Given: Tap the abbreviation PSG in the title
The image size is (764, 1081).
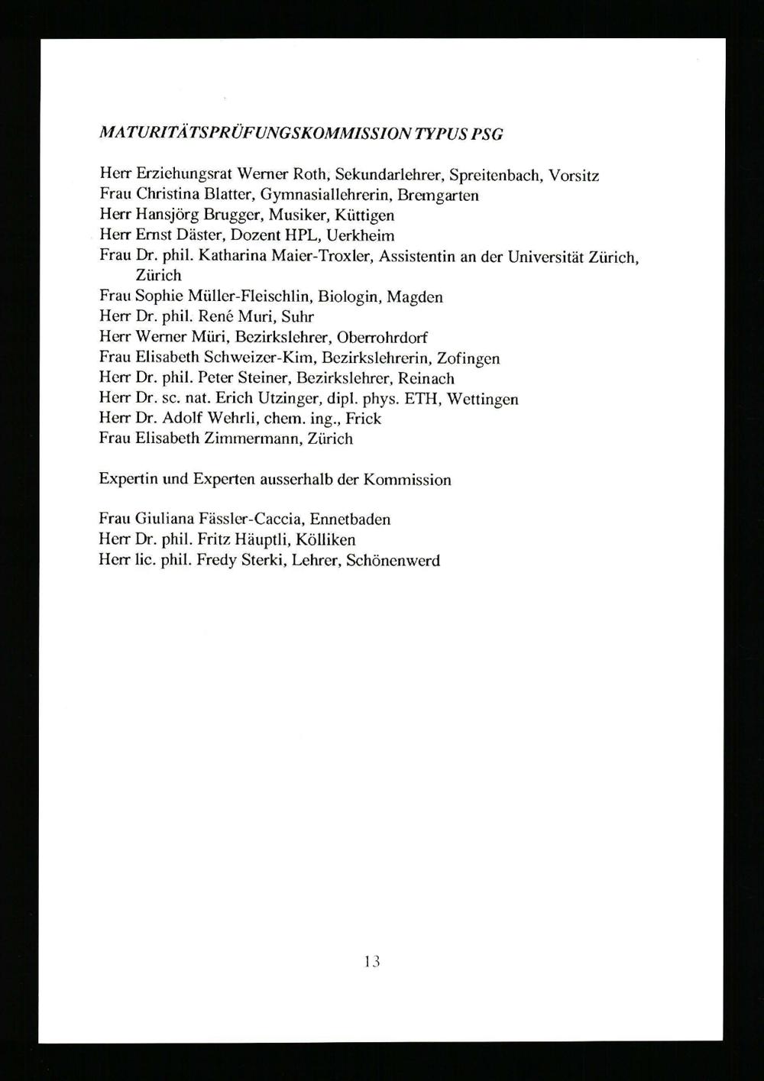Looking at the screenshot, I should tap(487, 134).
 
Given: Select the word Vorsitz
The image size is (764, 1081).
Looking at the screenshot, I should tap(573, 176).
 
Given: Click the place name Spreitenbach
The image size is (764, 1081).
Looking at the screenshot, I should tap(495, 176).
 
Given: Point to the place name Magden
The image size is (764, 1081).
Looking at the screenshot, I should tap(415, 297).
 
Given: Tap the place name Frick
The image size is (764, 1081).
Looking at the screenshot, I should tap(363, 419).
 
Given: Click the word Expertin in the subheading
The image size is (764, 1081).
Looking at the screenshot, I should tap(126, 480).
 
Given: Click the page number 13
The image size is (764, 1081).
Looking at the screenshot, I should tap(372, 961).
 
